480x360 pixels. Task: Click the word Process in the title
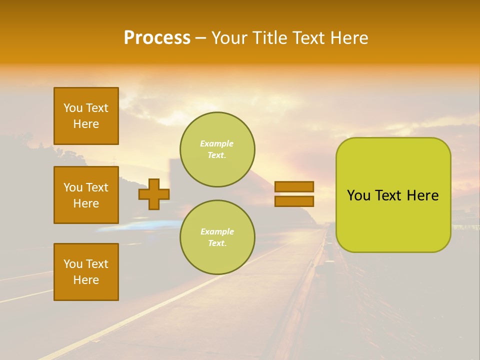157,38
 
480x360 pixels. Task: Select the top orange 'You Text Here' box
86,116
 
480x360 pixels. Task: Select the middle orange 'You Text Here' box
86,195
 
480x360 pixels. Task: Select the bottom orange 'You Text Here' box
86,272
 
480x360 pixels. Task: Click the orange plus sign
154,194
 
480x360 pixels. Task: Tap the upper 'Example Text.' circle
217,149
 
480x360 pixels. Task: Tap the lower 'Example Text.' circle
217,237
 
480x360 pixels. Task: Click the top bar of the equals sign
294,186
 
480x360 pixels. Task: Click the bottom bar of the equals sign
294,201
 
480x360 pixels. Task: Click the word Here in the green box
422,195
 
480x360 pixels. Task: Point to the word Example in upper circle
216,143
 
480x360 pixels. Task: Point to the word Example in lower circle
217,231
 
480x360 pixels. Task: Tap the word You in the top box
73,108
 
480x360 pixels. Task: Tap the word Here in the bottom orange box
86,280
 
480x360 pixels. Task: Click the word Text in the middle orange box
97,187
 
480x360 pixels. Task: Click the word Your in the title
229,38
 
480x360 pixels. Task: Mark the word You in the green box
359,195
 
